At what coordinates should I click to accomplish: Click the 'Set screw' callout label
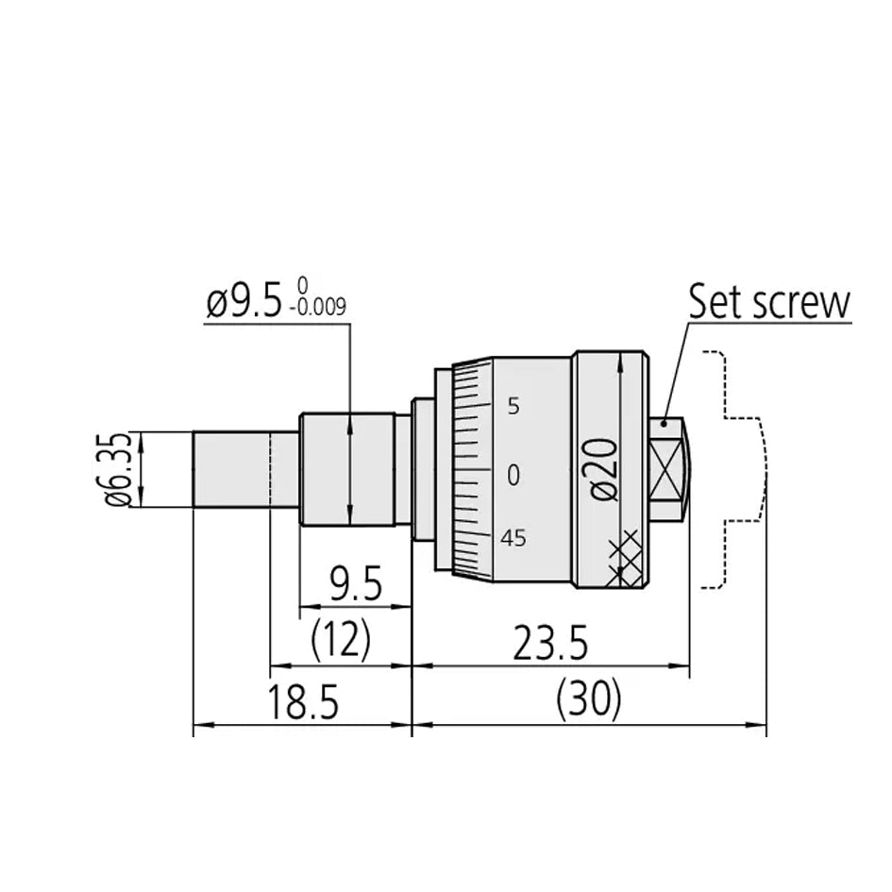(x=769, y=302)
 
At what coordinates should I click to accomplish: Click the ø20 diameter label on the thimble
(x=605, y=467)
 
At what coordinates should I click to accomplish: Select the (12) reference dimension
(x=341, y=642)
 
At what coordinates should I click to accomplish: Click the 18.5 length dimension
(x=302, y=703)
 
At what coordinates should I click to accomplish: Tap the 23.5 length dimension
(x=550, y=645)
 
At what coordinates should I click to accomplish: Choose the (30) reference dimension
(x=589, y=700)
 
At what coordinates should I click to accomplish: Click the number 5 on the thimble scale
(x=513, y=407)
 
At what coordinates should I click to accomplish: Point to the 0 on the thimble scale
(x=513, y=475)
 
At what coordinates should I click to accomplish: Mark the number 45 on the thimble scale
(x=513, y=538)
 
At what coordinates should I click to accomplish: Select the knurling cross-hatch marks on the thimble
(x=625, y=557)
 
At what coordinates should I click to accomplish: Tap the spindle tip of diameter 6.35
(x=231, y=469)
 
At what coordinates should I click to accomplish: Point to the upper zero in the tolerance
(x=301, y=283)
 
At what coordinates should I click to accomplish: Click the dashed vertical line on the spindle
(x=271, y=469)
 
